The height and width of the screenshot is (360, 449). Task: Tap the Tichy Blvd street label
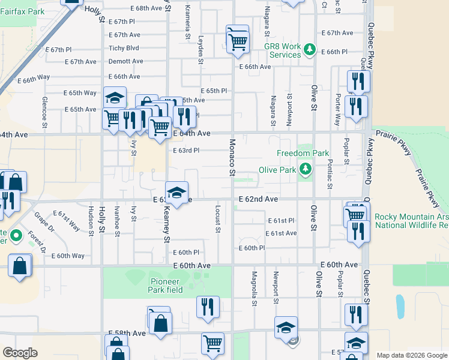pyautogui.click(x=124, y=48)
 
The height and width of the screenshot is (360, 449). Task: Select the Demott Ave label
pyautogui.click(x=125, y=61)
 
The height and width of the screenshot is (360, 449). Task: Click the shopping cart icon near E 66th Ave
pyautogui.click(x=238, y=41)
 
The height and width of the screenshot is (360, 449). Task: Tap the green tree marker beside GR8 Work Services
pyautogui.click(x=310, y=49)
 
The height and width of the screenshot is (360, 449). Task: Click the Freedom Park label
pyautogui.click(x=300, y=153)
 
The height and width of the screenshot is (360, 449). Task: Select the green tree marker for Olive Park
pyautogui.click(x=306, y=170)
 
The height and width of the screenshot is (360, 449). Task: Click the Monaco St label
pyautogui.click(x=232, y=157)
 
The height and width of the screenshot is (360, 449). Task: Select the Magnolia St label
pyautogui.click(x=254, y=290)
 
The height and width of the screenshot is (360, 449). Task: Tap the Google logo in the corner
pyautogui.click(x=20, y=353)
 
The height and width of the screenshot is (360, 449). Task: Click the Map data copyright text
pyautogui.click(x=411, y=355)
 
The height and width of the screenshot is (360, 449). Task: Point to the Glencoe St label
pyautogui.click(x=44, y=112)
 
